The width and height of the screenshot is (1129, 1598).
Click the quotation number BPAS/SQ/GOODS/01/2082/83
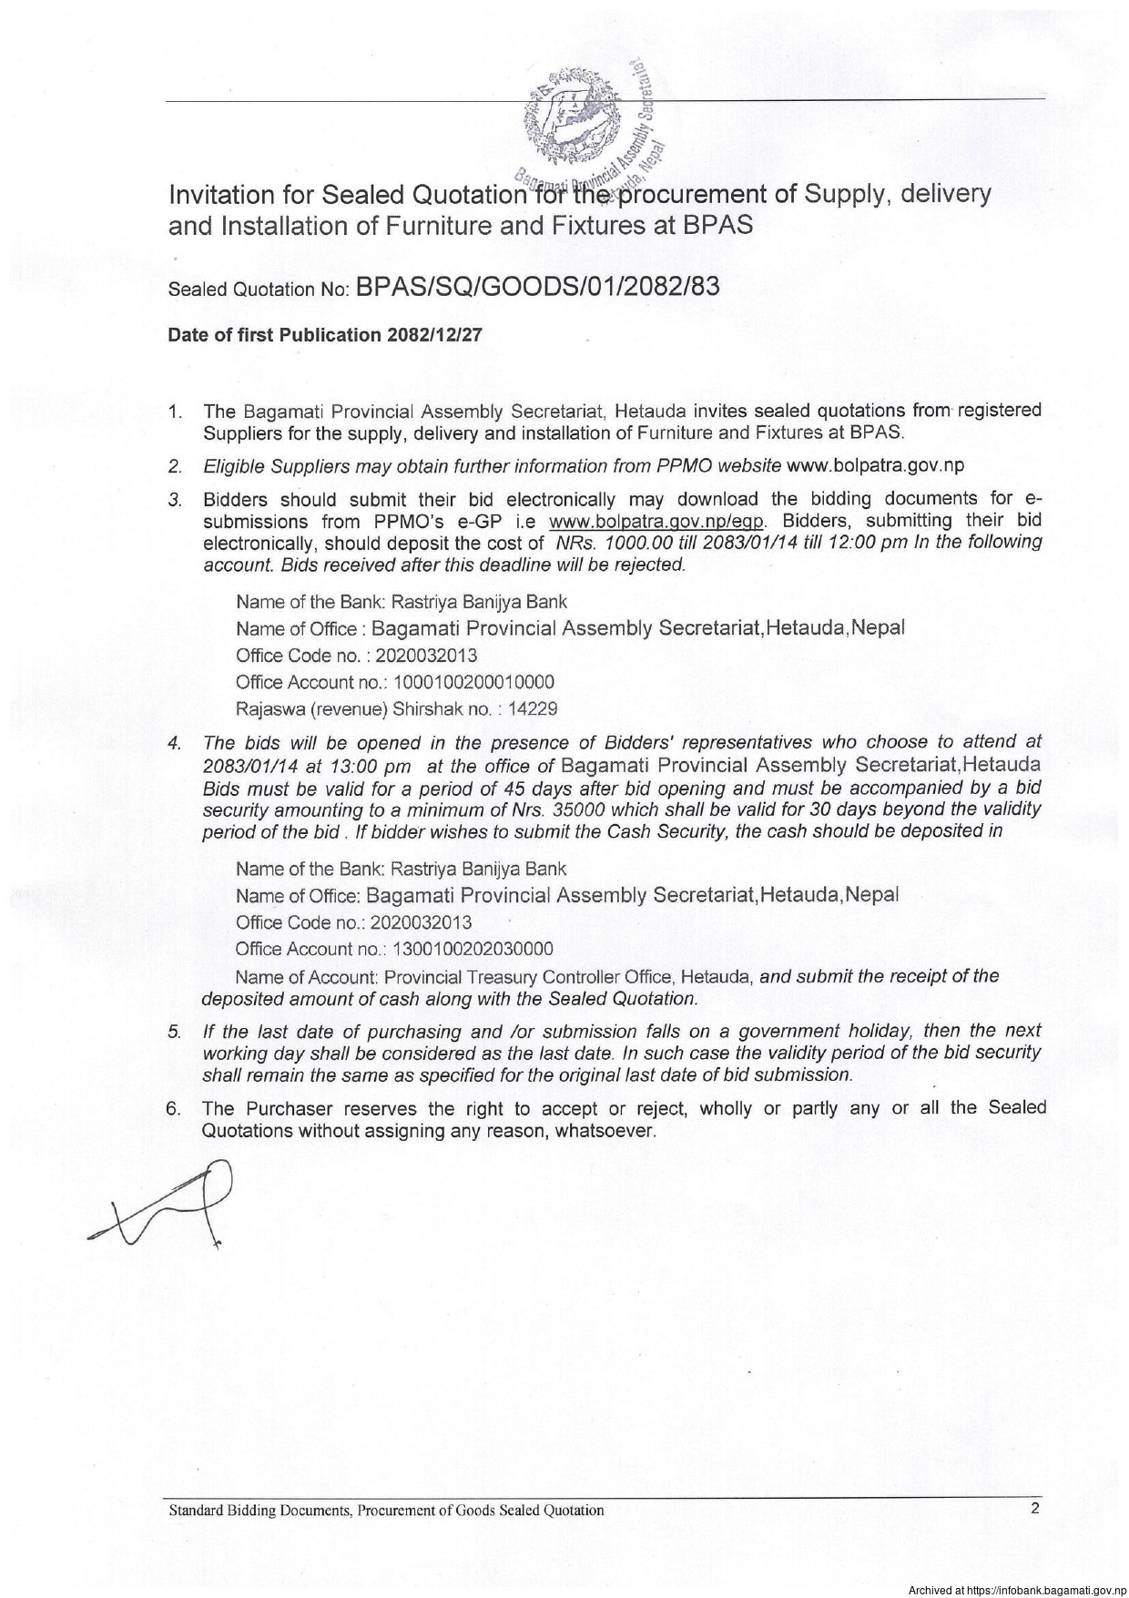(538, 287)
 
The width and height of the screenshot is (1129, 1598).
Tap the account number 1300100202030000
(473, 949)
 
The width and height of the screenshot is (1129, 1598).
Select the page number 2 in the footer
(1035, 1508)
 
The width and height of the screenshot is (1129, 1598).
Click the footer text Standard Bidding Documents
(261, 1510)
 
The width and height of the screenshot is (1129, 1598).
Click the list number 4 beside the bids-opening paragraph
(173, 743)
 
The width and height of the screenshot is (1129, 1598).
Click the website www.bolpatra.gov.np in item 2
(874, 466)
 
